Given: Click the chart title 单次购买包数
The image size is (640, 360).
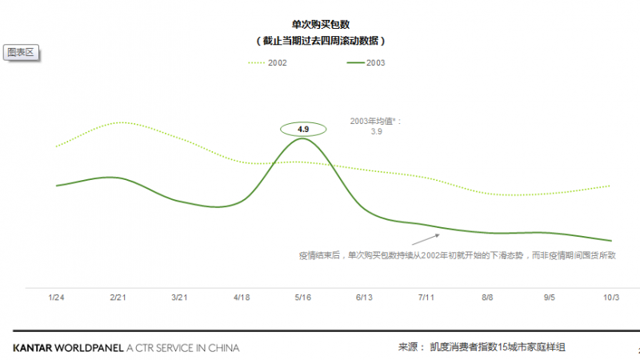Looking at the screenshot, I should [x=319, y=25].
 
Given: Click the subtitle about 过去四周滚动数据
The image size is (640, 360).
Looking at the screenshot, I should [x=319, y=40].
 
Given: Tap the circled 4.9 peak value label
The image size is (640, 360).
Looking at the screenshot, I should [x=302, y=128].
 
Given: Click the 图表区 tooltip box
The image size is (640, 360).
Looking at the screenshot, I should [x=22, y=52].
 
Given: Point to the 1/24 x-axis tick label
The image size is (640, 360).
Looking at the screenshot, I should [x=56, y=297].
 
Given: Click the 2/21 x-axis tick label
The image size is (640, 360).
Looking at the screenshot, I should [x=118, y=297].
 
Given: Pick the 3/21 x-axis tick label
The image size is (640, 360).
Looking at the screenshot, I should [x=179, y=297].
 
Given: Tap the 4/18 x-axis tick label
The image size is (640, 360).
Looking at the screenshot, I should [x=241, y=297].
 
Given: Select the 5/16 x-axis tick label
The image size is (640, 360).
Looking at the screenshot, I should [x=302, y=297].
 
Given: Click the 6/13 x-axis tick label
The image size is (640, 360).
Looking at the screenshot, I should [x=365, y=297].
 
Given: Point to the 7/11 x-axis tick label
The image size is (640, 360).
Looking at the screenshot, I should [x=426, y=297].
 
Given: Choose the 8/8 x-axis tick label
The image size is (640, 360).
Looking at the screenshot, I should [x=488, y=297].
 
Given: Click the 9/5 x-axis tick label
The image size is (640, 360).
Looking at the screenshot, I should [x=550, y=297].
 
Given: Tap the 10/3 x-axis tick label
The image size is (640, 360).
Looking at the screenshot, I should [x=611, y=297].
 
